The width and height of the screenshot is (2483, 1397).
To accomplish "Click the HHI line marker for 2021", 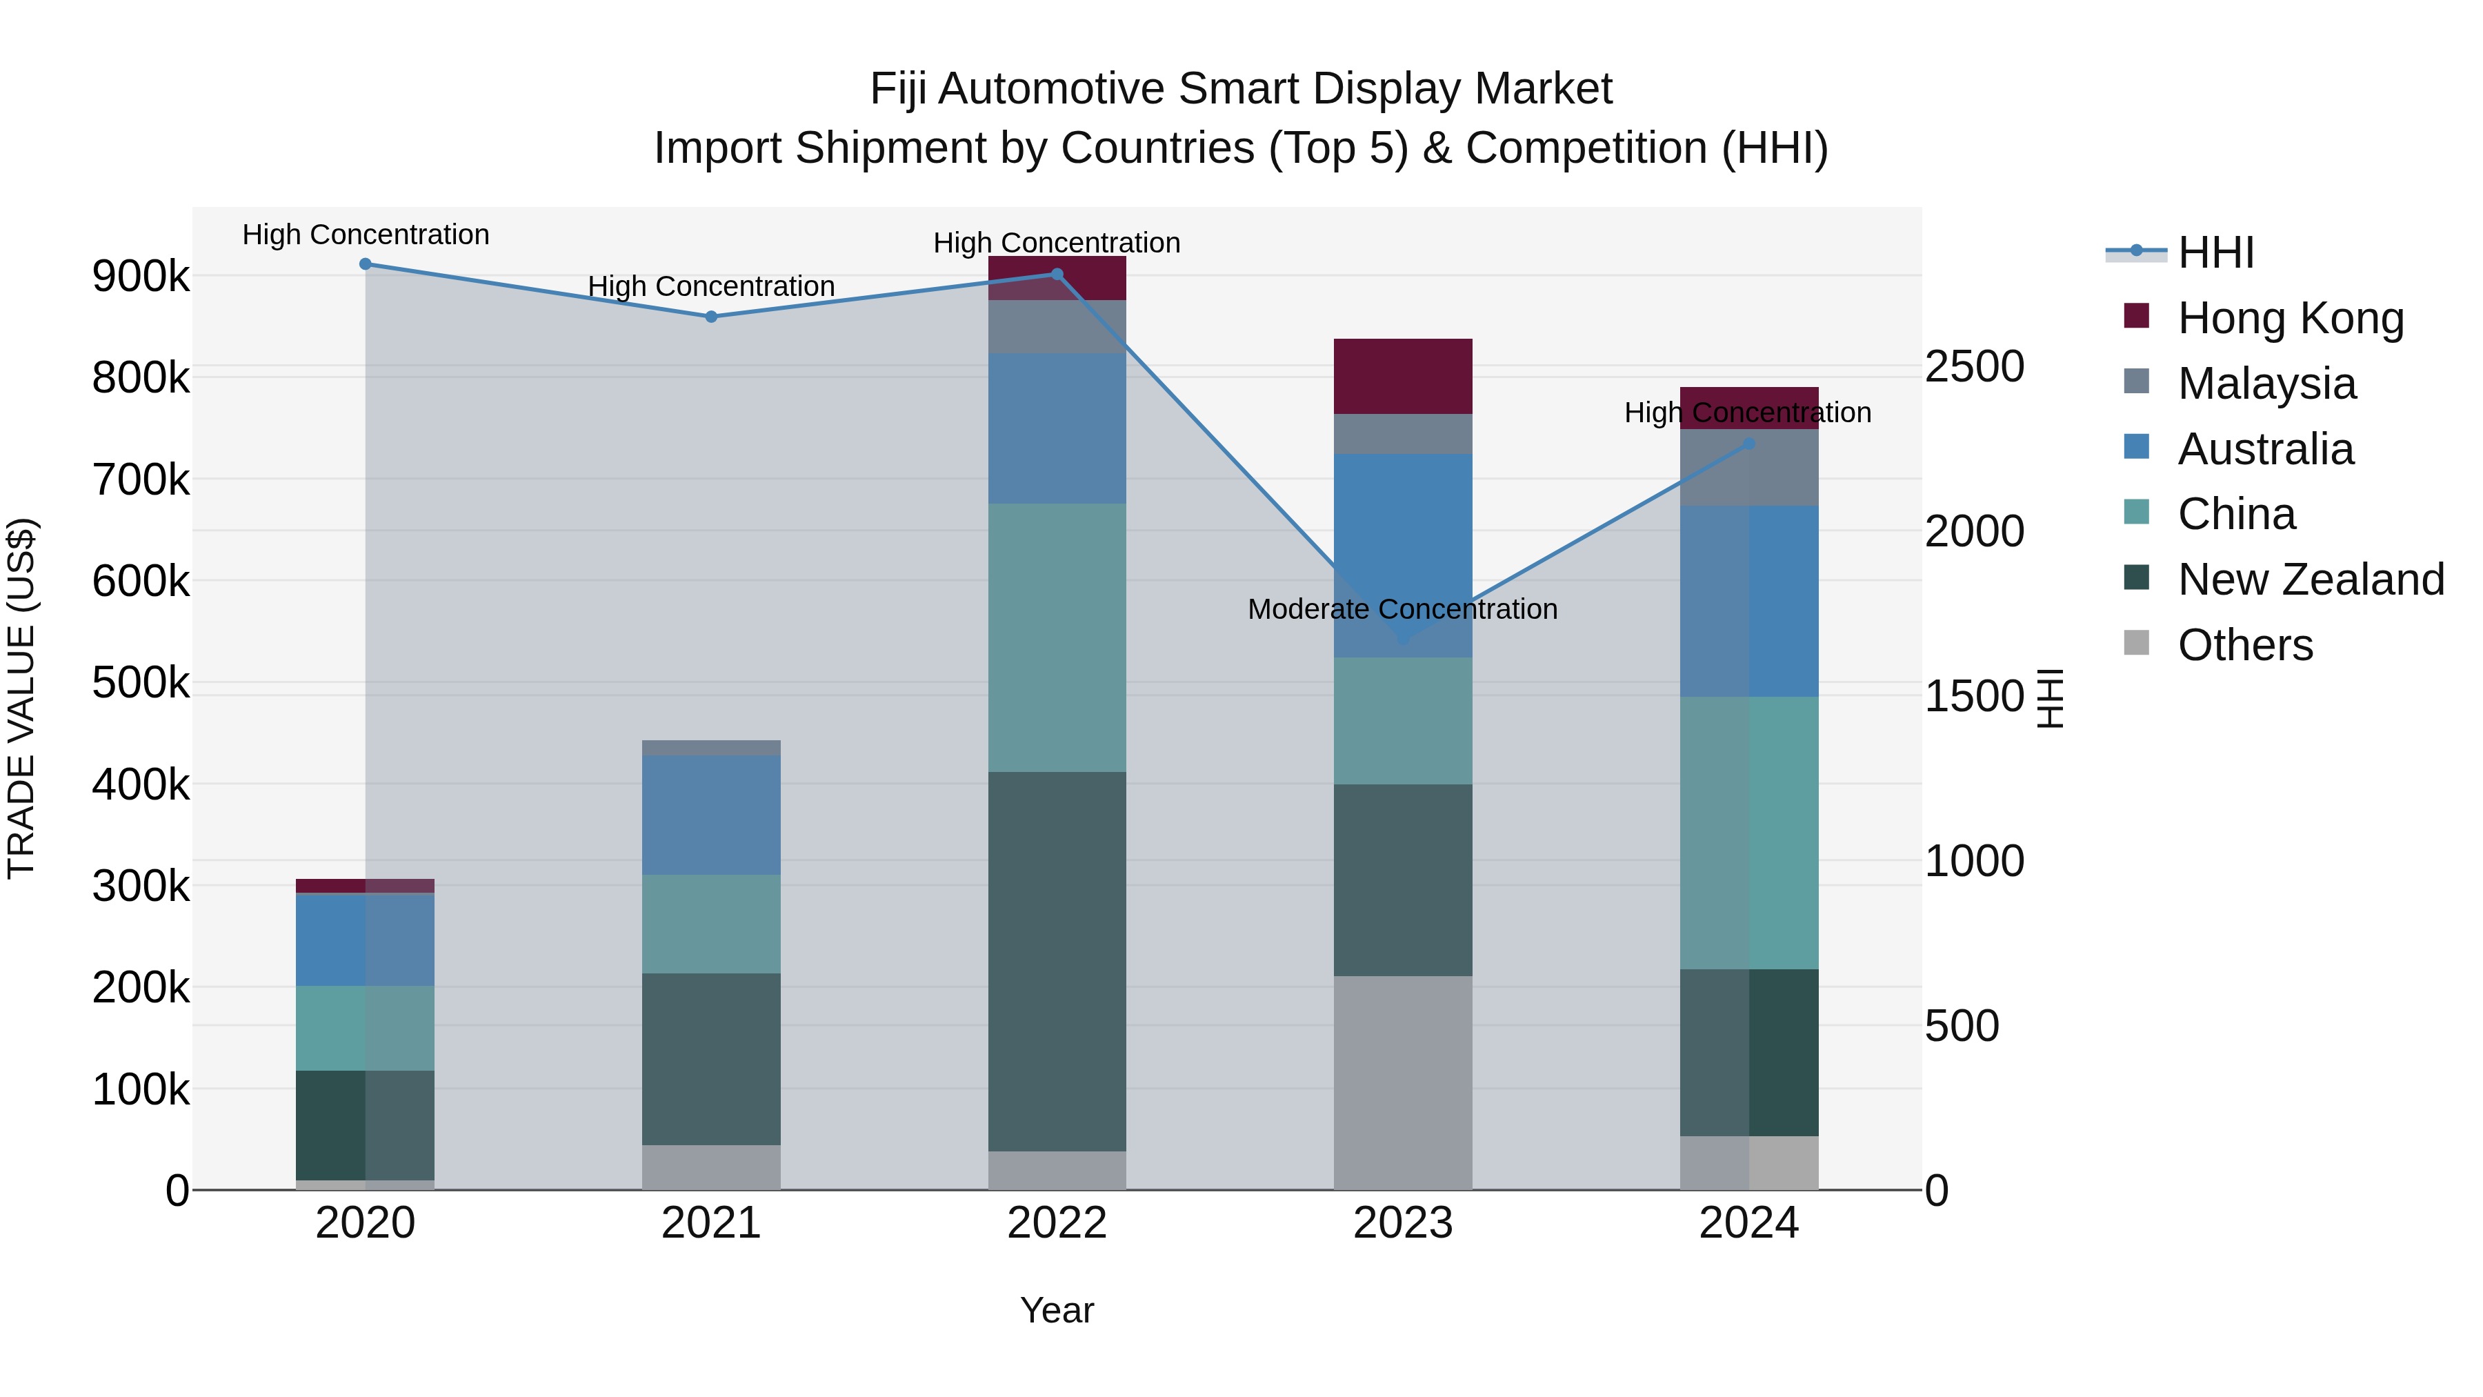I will click(x=711, y=316).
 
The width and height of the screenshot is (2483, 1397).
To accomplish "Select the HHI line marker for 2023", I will click(x=1404, y=638).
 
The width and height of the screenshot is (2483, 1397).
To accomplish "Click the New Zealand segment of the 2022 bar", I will click(x=1057, y=960).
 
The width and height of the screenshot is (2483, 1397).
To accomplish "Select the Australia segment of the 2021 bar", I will click(x=711, y=815).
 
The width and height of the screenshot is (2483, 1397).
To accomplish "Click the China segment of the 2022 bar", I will click(x=1057, y=637).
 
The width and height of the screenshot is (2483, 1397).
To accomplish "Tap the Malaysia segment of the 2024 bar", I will click(x=1748, y=468).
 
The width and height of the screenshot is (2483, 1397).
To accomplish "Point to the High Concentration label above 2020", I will click(x=366, y=235).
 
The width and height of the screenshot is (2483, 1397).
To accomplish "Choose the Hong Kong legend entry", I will click(x=2290, y=318).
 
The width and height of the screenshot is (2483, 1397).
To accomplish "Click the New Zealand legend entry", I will click(x=2311, y=579).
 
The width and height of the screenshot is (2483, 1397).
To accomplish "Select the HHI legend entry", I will click(x=2215, y=252).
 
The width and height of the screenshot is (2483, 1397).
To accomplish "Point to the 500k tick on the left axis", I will click(x=141, y=682).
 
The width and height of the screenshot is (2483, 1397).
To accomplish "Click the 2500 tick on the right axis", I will click(x=1974, y=366).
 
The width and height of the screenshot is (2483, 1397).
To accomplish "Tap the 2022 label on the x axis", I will click(x=1057, y=1223).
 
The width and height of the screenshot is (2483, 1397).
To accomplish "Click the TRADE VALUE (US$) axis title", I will click(x=21, y=698).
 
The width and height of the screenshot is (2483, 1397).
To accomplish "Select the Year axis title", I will click(x=1057, y=1310).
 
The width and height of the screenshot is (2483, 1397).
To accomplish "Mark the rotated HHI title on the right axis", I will click(x=2051, y=698).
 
